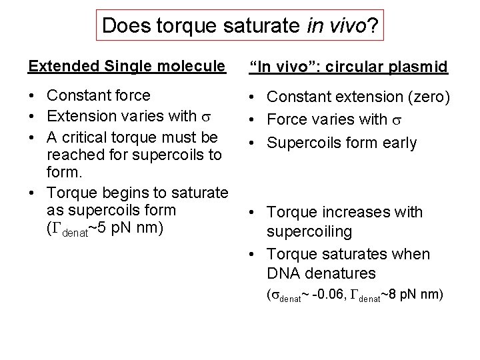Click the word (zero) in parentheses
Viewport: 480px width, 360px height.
click(x=427, y=97)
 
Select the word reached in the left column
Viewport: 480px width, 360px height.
click(x=71, y=154)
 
